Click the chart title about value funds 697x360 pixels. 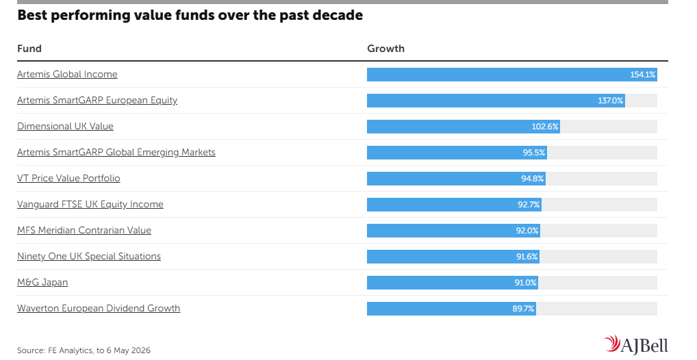(x=190, y=16)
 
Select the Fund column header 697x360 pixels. (x=29, y=49)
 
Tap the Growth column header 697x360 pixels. (x=386, y=49)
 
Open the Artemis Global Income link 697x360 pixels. (x=67, y=74)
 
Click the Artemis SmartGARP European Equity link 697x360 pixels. (x=97, y=101)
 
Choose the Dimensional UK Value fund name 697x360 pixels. (x=65, y=126)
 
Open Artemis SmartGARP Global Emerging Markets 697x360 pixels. (x=116, y=153)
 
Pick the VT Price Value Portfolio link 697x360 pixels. (x=68, y=178)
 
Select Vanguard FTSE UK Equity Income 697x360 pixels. (x=90, y=205)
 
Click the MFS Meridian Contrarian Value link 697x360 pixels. (x=84, y=230)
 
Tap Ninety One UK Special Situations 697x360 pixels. (x=89, y=257)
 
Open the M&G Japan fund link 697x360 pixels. (x=42, y=282)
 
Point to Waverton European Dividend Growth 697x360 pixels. (x=99, y=309)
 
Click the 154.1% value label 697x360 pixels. (x=642, y=75)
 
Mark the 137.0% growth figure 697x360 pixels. (x=610, y=101)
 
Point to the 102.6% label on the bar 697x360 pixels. (x=545, y=127)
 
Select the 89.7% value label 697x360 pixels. (x=523, y=309)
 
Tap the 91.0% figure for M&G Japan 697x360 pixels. (x=525, y=283)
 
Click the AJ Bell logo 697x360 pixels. (x=636, y=344)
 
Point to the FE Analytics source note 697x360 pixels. (x=84, y=350)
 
